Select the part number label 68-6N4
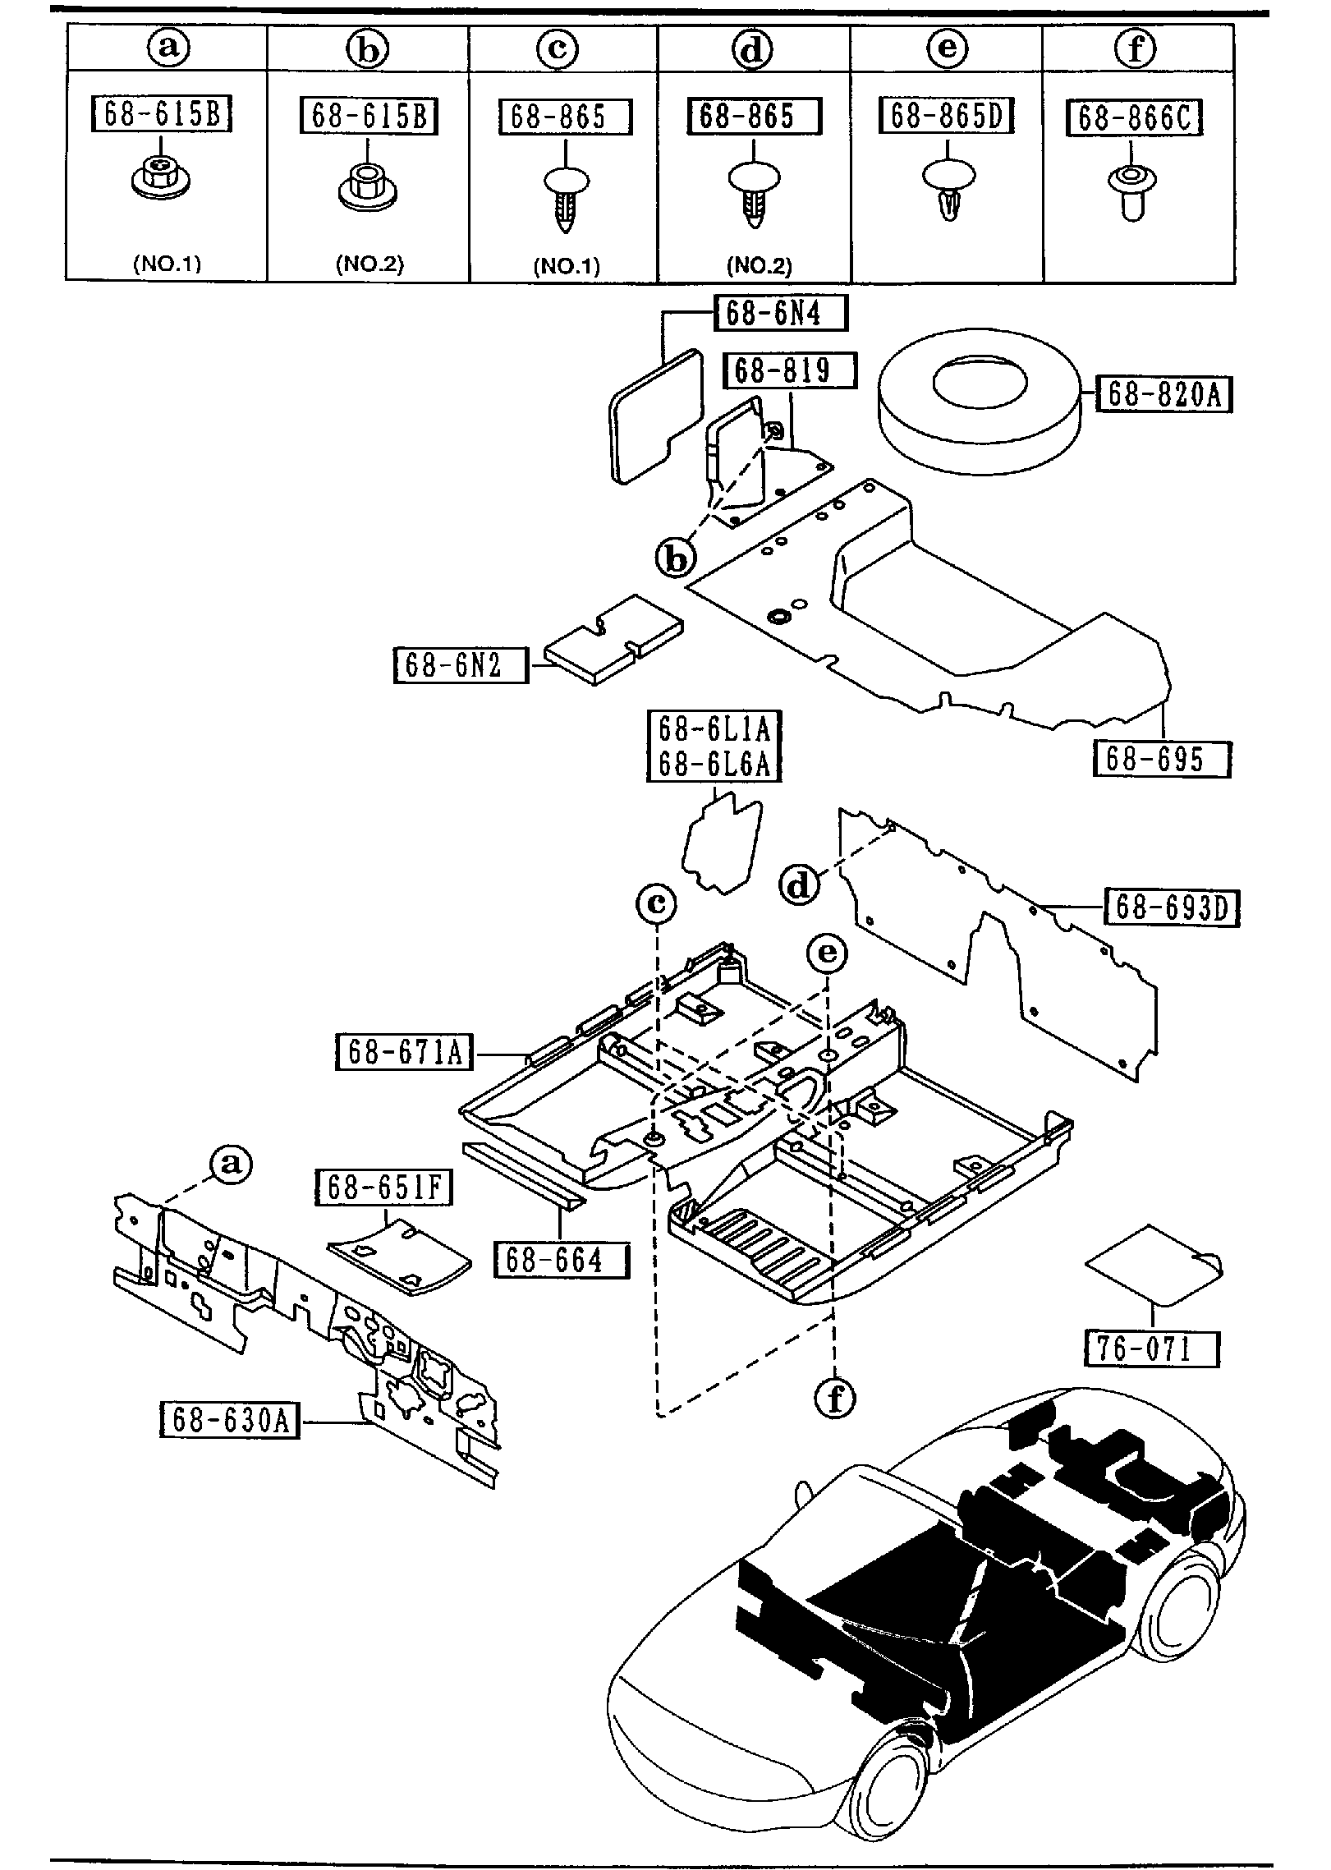pyautogui.click(x=781, y=313)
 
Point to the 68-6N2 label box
pyautogui.click(x=461, y=664)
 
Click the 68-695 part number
pyautogui.click(x=1162, y=758)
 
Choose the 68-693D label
pyautogui.click(x=1172, y=907)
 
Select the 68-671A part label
pyautogui.click(x=404, y=1051)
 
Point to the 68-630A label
pyautogui.click(x=230, y=1420)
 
